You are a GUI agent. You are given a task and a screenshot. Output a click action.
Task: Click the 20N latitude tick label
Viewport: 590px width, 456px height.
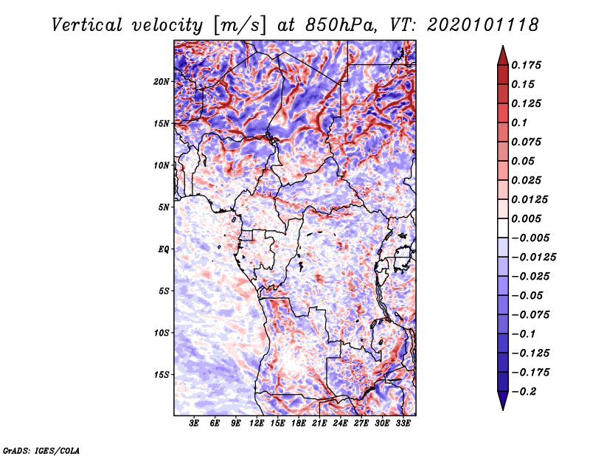(x=162, y=82)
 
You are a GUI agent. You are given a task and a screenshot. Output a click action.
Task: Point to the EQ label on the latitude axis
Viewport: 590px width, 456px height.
(x=164, y=249)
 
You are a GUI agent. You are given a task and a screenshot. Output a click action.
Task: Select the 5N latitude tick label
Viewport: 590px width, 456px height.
(x=164, y=207)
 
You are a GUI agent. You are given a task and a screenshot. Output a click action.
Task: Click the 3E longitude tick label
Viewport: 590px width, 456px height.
(x=194, y=424)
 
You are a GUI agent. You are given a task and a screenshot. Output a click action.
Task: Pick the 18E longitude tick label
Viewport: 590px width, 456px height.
(x=299, y=424)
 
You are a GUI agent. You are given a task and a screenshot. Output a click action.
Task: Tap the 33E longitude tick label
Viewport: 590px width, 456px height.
(x=403, y=424)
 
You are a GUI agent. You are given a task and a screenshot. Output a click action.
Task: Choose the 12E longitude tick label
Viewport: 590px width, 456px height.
(x=257, y=424)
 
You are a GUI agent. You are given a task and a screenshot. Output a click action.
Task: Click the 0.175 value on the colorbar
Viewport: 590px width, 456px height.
(x=526, y=66)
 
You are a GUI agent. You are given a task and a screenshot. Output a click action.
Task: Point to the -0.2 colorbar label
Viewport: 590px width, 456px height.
(x=524, y=392)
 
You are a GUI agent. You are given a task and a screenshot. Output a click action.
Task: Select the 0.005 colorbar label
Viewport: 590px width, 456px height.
(x=526, y=218)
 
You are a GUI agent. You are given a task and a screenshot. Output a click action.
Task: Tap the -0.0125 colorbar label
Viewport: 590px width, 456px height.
(x=533, y=258)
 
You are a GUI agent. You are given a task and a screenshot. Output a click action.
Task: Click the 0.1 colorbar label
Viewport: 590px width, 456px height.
(x=519, y=122)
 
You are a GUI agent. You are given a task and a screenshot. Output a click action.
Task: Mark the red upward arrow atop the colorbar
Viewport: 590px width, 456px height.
(x=503, y=56)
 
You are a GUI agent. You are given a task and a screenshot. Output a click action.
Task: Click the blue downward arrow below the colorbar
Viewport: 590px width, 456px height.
(x=503, y=401)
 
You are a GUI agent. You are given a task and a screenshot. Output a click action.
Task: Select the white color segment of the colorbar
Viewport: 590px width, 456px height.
(x=503, y=228)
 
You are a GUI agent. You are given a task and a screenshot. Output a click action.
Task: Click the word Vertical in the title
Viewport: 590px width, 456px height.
(x=87, y=25)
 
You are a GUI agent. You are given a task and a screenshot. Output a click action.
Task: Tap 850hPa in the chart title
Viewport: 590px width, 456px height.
(x=341, y=25)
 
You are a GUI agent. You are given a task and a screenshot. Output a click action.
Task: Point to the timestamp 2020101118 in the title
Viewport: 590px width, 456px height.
(x=483, y=25)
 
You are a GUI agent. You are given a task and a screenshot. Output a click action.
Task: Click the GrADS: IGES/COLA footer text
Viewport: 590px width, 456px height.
(x=41, y=451)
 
